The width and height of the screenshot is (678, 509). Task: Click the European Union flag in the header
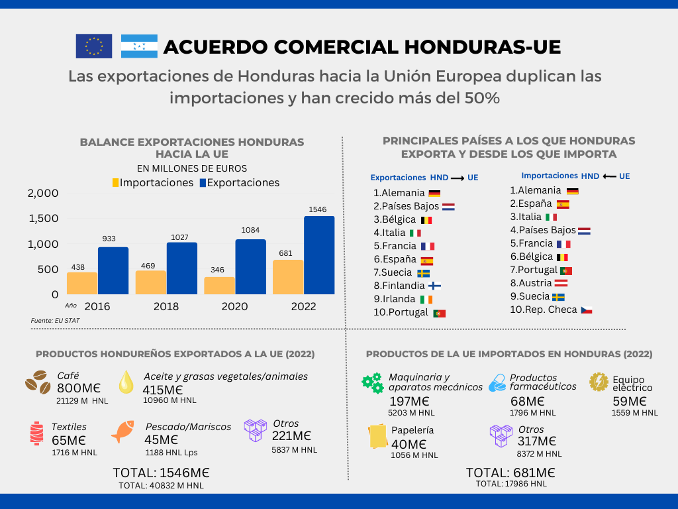[93, 46]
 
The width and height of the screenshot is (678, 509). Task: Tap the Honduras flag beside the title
[139, 46]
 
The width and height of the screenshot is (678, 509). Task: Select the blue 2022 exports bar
[319, 255]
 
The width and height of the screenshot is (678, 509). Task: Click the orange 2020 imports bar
[219, 285]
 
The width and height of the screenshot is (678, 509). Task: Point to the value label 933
[110, 239]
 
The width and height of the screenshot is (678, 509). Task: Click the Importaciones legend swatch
[115, 183]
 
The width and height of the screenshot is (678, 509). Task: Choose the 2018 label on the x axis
[166, 307]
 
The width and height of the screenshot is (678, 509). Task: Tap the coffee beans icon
[38, 382]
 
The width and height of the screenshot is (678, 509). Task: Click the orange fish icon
[124, 431]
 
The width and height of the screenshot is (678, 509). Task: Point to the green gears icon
[372, 382]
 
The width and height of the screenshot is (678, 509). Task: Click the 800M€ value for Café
[79, 388]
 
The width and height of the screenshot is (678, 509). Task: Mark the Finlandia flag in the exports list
[434, 286]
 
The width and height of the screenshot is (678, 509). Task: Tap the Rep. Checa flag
[586, 310]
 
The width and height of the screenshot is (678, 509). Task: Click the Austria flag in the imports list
[559, 283]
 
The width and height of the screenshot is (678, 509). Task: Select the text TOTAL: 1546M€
[161, 473]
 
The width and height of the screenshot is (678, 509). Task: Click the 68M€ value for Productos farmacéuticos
[528, 401]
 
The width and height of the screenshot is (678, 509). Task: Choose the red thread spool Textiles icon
[36, 433]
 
